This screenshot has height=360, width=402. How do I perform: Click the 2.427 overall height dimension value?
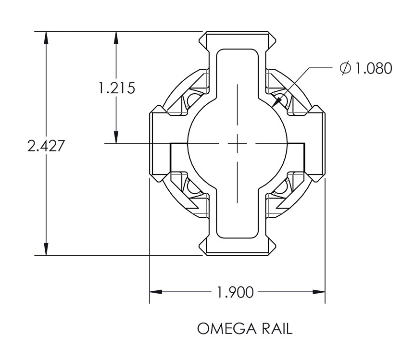pos(46,146)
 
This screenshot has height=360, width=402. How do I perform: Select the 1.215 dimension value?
pos(116,88)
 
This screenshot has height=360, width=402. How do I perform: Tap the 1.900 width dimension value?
pos(235,292)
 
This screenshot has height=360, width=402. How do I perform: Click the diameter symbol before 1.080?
pos(345,69)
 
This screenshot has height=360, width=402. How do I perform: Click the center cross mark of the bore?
pos(237,143)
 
